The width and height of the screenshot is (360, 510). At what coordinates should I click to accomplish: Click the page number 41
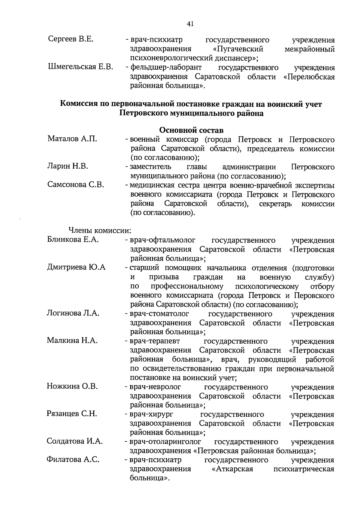pos(190,24)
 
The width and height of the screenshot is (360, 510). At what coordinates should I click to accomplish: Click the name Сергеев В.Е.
pos(71,39)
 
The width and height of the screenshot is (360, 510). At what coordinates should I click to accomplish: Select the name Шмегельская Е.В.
pos(80,67)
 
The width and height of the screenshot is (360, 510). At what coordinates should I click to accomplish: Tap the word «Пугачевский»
pos(237,49)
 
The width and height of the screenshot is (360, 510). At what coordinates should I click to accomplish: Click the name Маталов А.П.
pos(72,139)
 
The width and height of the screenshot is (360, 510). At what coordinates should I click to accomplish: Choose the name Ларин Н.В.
pos(68,166)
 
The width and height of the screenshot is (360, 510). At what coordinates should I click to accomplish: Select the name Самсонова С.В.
pos(76,185)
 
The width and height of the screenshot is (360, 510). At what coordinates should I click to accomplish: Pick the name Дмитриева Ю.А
pos(76,267)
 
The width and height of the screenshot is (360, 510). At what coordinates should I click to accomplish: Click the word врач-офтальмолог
pos(162,240)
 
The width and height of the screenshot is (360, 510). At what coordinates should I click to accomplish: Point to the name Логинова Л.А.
pos(73,313)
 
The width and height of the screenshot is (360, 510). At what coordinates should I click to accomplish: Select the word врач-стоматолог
pos(159,314)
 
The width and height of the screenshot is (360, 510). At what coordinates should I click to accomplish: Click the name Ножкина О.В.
pos(72,386)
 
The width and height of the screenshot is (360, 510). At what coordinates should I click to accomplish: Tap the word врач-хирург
pos(151,414)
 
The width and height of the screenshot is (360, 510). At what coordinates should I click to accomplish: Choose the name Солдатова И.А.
pos(75,441)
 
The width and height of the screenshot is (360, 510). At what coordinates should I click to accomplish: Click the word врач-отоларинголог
pos(165,442)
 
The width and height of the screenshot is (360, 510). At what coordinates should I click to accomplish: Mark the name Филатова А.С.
pos(73,460)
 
